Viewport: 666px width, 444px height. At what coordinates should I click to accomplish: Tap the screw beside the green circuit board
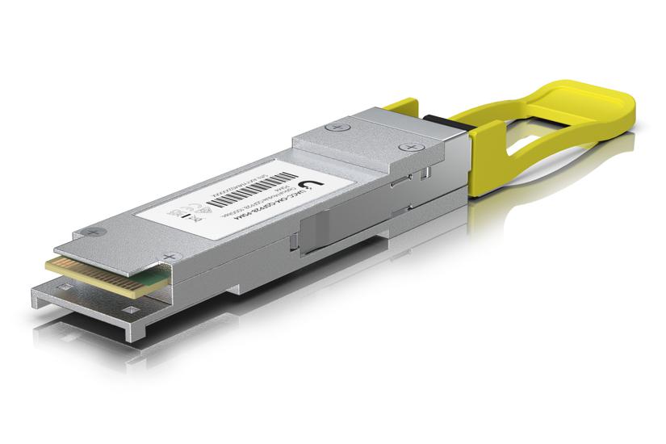coord(169,258)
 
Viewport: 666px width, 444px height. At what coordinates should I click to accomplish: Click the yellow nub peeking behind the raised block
coord(396,104)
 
